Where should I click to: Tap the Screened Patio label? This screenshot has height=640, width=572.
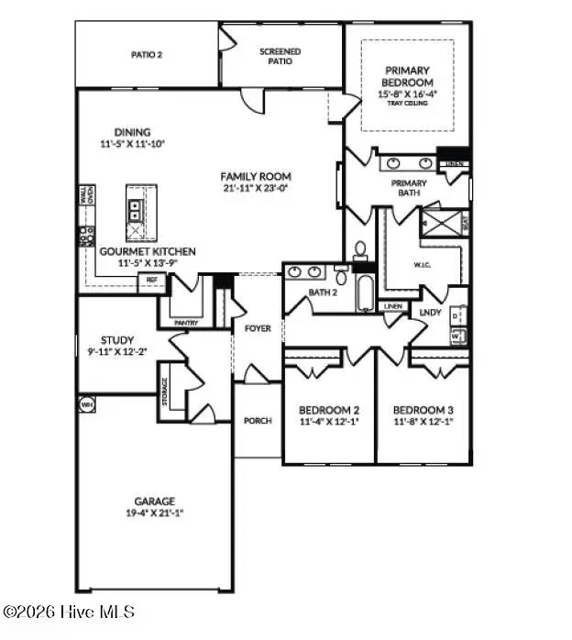(280, 57)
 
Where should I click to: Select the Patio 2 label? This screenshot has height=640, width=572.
(146, 55)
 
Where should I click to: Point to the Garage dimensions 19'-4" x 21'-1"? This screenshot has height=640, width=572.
(154, 513)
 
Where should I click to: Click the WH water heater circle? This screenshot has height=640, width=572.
(87, 403)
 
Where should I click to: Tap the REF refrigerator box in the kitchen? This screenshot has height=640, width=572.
(151, 282)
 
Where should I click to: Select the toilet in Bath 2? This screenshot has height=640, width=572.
(360, 250)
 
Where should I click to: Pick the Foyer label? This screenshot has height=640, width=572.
(258, 327)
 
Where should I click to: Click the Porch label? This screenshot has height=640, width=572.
(258, 421)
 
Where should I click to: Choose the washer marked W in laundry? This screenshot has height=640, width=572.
(456, 337)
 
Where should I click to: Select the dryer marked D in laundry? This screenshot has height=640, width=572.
(456, 315)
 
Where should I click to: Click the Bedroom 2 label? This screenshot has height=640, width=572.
(329, 410)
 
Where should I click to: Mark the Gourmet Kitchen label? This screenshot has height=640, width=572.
(135, 251)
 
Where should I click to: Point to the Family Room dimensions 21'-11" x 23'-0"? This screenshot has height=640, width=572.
(255, 188)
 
